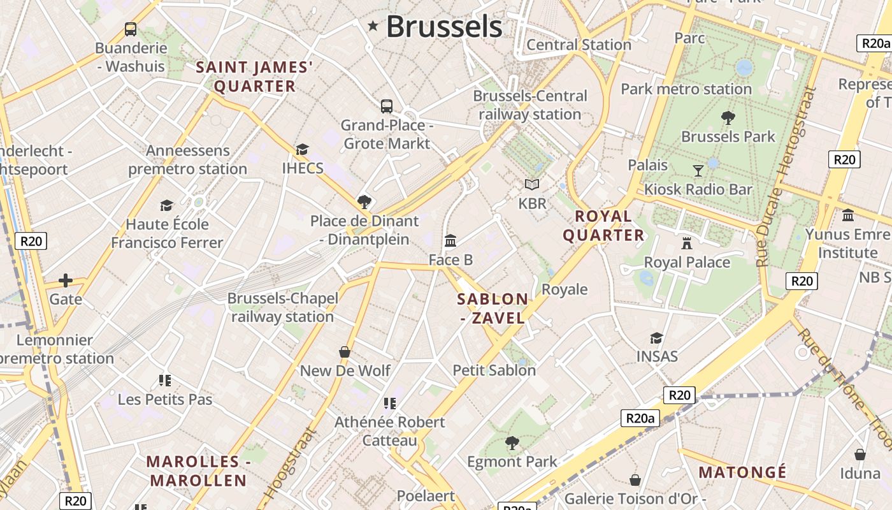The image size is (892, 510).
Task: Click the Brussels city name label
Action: [444, 27]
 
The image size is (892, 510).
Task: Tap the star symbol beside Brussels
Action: [373, 26]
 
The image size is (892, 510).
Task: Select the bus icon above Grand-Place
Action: [387, 106]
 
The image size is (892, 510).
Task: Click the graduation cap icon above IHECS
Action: [302, 149]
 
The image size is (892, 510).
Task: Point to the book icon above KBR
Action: [532, 184]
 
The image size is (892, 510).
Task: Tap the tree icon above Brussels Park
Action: [728, 117]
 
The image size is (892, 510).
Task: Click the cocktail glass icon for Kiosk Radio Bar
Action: [698, 170]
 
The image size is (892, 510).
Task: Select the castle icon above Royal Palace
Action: [687, 243]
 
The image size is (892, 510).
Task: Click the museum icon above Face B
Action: [450, 240]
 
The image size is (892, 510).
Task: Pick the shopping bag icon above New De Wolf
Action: [345, 351]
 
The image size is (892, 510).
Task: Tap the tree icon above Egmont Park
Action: [512, 442]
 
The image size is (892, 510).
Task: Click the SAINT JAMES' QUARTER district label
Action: [254, 76]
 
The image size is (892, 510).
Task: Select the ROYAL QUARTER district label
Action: [603, 226]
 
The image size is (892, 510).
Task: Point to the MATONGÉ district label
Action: [742, 472]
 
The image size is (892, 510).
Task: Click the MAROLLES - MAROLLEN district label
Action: [196, 470]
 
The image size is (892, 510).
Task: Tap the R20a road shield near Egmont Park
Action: [640, 418]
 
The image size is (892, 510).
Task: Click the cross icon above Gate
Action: [66, 280]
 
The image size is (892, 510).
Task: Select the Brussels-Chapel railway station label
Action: [282, 307]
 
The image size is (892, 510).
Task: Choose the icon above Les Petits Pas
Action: [165, 381]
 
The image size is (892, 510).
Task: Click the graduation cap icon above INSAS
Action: [656, 337]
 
